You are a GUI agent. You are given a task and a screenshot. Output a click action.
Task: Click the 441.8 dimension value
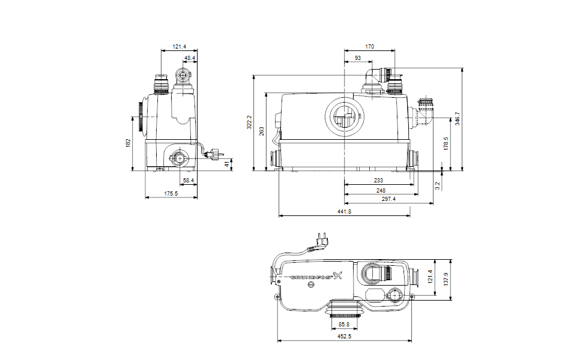point(344,212)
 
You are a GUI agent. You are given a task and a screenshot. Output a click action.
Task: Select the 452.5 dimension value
point(344,337)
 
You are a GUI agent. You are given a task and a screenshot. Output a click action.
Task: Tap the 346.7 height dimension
point(458,119)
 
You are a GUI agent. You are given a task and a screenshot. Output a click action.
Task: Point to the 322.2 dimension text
point(249,122)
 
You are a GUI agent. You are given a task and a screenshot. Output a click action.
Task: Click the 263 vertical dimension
point(262,131)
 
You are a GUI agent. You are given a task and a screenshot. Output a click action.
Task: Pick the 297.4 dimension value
point(388,199)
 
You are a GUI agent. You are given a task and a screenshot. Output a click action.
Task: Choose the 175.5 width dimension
point(171,194)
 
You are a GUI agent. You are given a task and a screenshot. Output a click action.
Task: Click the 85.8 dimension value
point(344,325)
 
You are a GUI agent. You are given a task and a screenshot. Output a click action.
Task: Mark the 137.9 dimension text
point(446,279)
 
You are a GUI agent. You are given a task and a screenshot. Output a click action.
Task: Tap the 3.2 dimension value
point(438,185)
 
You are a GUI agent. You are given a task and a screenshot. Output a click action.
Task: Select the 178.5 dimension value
point(446,143)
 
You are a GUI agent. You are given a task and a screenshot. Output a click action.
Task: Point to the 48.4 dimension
point(190,58)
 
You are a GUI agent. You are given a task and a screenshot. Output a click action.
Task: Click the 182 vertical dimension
point(128,143)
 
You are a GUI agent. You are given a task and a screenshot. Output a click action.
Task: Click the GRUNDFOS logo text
point(311,277)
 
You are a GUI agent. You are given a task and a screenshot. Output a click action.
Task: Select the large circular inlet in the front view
point(344,117)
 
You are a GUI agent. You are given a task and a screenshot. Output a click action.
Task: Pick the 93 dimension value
point(358,58)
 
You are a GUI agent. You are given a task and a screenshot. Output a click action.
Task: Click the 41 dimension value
point(227,164)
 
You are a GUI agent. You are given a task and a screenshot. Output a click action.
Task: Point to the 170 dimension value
point(369,47)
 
